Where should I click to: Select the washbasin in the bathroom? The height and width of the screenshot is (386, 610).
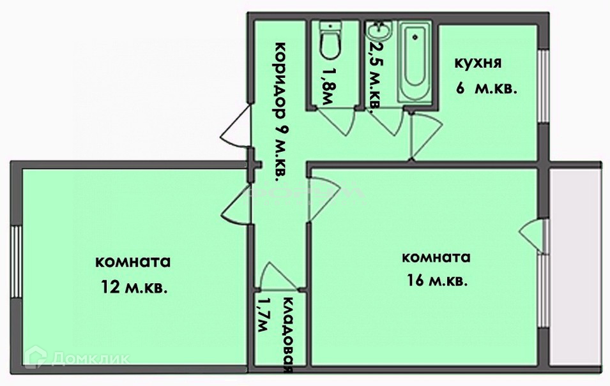(x=381, y=31)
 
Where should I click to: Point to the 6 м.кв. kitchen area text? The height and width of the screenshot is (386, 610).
(x=486, y=89)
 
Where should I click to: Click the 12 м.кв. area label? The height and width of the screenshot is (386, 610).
(x=133, y=288)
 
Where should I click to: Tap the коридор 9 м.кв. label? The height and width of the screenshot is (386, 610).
(x=279, y=112)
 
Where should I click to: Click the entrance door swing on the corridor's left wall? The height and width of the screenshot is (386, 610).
(x=234, y=128)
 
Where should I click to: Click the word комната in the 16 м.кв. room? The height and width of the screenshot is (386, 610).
(x=436, y=258)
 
